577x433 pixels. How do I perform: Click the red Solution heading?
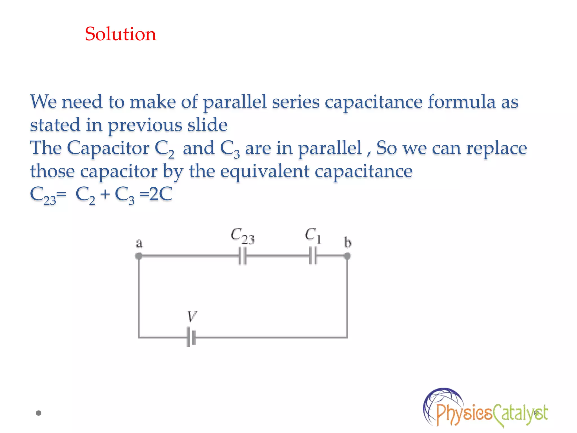pos(120,34)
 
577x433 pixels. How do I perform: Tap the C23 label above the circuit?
pos(242,236)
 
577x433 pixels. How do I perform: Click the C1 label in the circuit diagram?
pos(312,235)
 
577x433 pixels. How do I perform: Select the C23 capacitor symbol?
pos(242,256)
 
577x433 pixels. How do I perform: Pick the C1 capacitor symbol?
pos(313,256)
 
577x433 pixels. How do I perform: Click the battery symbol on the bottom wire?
pos(191,337)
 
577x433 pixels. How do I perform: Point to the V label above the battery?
pos(192,316)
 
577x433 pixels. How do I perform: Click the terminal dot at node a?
pos(139,256)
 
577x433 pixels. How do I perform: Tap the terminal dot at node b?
pos(347,256)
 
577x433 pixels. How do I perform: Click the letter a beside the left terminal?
pos(139,243)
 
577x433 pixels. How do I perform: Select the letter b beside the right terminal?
pos(348,243)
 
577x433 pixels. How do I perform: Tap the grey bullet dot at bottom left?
pos(39,413)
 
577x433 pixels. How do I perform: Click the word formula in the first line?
pos(461,101)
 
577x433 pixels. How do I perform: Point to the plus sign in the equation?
pos(105,194)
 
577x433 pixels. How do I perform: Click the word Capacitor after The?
pos(108,148)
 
